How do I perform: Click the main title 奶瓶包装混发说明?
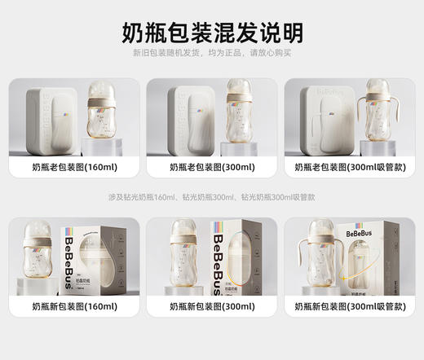[212, 32]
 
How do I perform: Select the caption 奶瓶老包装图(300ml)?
[212, 166]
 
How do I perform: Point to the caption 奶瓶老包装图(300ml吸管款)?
[351, 166]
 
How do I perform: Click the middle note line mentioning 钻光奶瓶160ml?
[212, 197]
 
